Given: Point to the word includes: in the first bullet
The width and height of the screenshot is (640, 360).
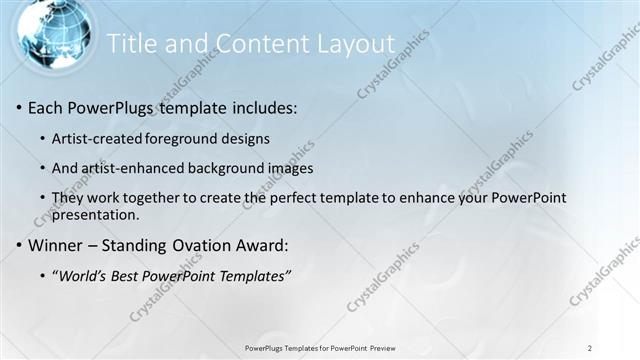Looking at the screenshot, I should coord(263,107).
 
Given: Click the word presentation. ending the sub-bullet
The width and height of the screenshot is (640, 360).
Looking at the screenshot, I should coord(96,214).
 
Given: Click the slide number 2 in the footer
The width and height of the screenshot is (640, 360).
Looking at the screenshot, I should coord(591,347).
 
